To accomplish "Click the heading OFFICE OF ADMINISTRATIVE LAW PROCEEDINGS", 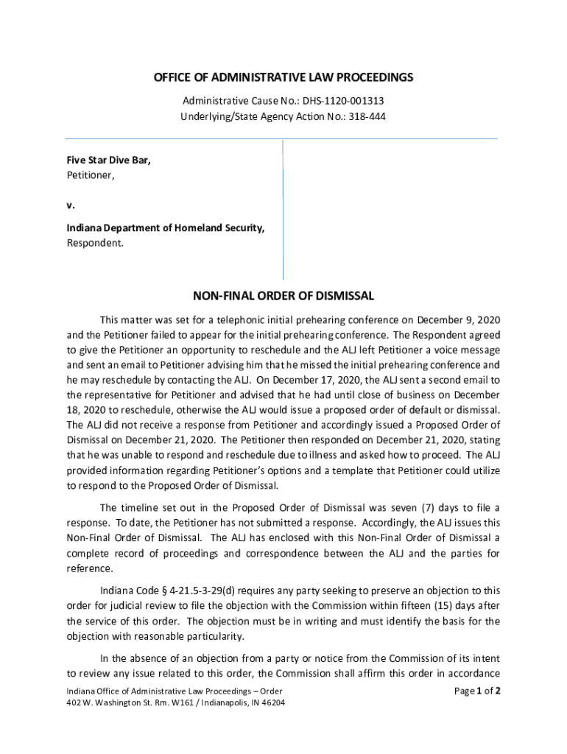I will (x=283, y=77).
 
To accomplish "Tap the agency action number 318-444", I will (x=367, y=116).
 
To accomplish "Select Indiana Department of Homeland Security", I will (x=166, y=228).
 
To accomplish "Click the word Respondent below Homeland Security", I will (x=96, y=243).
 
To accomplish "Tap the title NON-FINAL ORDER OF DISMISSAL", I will (x=283, y=296).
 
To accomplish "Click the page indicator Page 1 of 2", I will (x=478, y=691).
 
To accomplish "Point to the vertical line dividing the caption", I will (x=283, y=210).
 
